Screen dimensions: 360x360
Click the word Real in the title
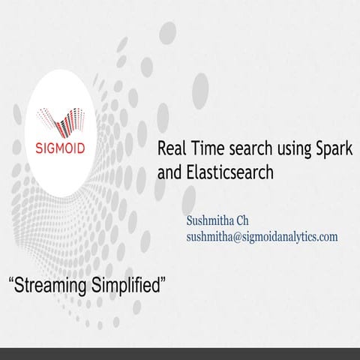tap(169, 147)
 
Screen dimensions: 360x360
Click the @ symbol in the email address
tap(244, 236)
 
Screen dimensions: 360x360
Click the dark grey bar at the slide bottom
tap(180, 354)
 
